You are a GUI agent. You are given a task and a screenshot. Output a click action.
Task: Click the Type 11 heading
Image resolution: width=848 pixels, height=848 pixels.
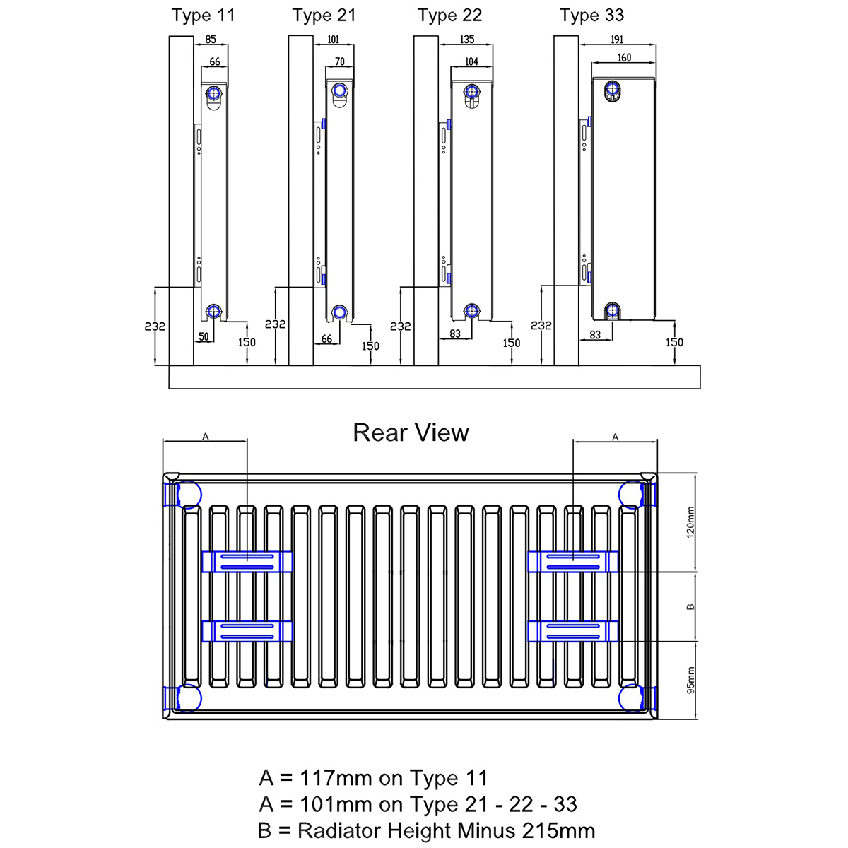coord(203,16)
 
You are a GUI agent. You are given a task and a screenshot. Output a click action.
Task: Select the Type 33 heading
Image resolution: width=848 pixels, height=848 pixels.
coord(591,16)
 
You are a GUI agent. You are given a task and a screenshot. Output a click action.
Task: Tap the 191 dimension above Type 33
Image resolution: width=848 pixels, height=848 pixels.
coord(616,40)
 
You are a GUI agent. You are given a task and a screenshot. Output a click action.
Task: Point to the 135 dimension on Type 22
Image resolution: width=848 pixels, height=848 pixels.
coord(466,40)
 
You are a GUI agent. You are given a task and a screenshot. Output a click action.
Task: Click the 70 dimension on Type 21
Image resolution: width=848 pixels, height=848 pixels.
coord(340,62)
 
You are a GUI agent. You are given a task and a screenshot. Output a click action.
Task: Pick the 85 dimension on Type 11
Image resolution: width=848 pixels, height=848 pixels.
coord(211,40)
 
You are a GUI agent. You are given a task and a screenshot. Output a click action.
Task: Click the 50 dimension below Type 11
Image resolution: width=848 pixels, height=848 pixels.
coord(204,337)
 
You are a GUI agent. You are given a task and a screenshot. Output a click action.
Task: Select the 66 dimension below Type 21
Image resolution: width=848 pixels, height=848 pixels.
coord(326,339)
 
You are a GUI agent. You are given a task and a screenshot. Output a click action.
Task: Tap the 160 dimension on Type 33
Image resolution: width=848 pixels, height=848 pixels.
coord(624,58)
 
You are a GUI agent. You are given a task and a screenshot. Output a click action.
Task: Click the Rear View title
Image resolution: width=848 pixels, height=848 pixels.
coord(411,432)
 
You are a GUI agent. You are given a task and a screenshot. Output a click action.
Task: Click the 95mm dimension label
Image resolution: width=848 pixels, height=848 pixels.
coord(691,680)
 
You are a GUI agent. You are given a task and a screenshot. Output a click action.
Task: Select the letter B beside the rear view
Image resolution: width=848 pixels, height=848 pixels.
coord(691,606)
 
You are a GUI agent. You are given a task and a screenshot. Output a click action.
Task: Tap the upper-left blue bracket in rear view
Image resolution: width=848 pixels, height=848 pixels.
coord(247,562)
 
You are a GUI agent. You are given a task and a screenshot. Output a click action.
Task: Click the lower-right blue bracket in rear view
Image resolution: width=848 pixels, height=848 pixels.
coord(573,631)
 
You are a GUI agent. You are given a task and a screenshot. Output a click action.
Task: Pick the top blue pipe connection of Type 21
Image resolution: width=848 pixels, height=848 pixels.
coord(340,90)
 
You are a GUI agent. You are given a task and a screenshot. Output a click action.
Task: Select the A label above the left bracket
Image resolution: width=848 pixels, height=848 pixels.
coord(206,437)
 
